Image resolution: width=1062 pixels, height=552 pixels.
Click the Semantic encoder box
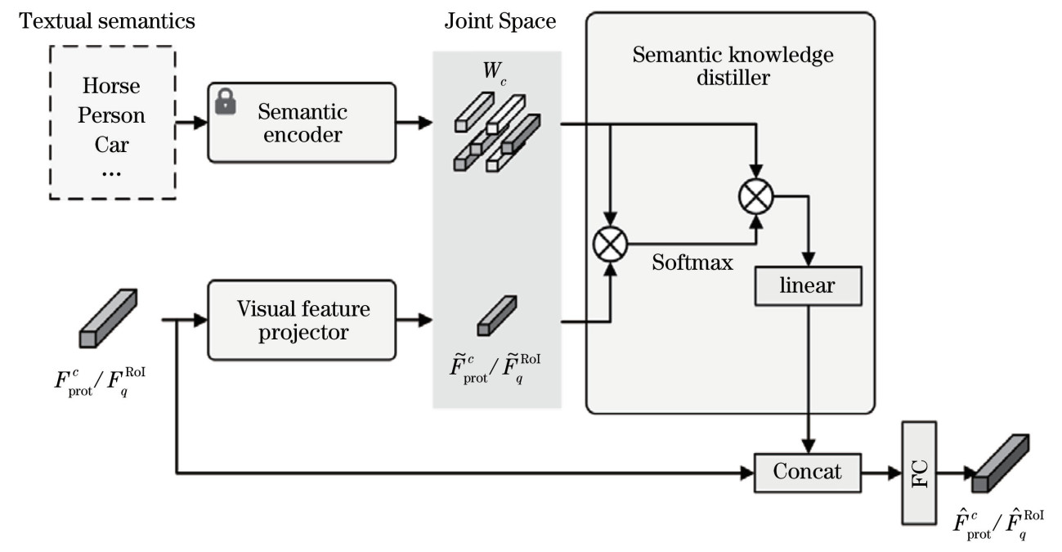tap(302, 123)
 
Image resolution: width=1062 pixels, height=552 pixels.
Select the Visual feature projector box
tap(302, 321)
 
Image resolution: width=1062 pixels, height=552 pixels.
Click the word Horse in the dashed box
tap(111, 87)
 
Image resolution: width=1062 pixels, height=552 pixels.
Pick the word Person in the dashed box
tap(111, 115)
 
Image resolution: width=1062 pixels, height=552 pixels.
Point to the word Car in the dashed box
tap(111, 145)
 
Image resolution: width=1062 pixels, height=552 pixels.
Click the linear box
tap(808, 285)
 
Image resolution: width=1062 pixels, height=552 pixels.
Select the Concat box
tap(808, 472)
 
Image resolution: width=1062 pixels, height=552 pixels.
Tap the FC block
tap(919, 473)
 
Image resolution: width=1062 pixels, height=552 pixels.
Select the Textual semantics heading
tap(108, 22)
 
